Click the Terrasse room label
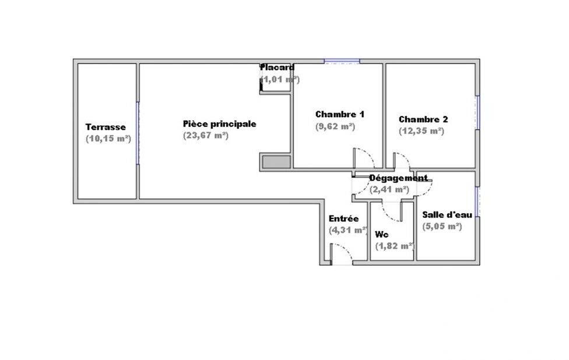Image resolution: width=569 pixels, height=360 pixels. [x=106, y=127]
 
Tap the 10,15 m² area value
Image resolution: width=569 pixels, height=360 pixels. [x=108, y=139]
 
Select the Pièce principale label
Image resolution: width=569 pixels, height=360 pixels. [x=220, y=123]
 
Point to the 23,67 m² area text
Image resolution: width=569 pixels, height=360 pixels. [x=206, y=136]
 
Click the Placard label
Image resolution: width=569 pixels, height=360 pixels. [x=278, y=68]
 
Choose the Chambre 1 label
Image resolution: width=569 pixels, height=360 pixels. [x=340, y=114]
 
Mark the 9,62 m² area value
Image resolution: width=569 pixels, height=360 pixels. [x=335, y=126]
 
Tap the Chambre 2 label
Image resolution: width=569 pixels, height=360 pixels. [x=423, y=119]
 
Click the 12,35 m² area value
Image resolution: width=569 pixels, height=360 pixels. [x=422, y=131]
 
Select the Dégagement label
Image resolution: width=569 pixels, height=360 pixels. [x=398, y=178]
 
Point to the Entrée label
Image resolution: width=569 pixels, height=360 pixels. [x=343, y=218]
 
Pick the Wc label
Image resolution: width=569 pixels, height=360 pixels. [x=382, y=234]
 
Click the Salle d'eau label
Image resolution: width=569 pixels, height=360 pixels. [x=447, y=214]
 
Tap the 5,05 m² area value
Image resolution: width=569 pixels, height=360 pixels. [x=442, y=226]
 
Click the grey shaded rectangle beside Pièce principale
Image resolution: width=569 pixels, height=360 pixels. [x=276, y=162]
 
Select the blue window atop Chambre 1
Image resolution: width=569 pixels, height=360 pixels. [x=342, y=61]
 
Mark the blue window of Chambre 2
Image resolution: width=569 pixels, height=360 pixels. [x=478, y=113]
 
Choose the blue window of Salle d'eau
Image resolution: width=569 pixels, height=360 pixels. [x=478, y=202]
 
